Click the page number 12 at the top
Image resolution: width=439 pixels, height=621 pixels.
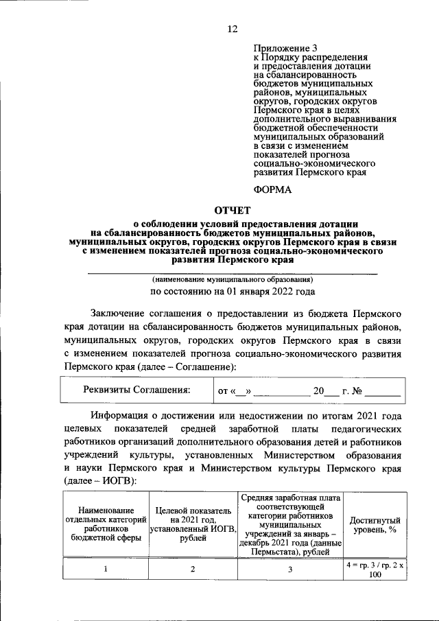(232, 28)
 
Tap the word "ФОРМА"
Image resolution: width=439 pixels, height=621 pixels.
(272, 189)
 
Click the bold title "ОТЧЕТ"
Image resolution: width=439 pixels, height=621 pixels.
(234, 211)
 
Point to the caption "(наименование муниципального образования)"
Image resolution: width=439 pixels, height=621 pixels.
(233, 280)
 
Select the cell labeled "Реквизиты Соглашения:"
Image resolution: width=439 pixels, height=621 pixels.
(137, 390)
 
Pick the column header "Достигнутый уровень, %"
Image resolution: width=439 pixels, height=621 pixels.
(375, 526)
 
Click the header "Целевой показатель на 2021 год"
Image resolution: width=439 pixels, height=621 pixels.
(193, 526)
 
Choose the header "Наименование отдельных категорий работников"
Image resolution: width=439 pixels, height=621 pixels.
(106, 526)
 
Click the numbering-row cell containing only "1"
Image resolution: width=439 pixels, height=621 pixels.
(106, 570)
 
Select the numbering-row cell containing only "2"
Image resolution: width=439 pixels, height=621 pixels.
(193, 570)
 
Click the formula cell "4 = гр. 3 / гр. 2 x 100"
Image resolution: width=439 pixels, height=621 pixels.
(375, 570)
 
